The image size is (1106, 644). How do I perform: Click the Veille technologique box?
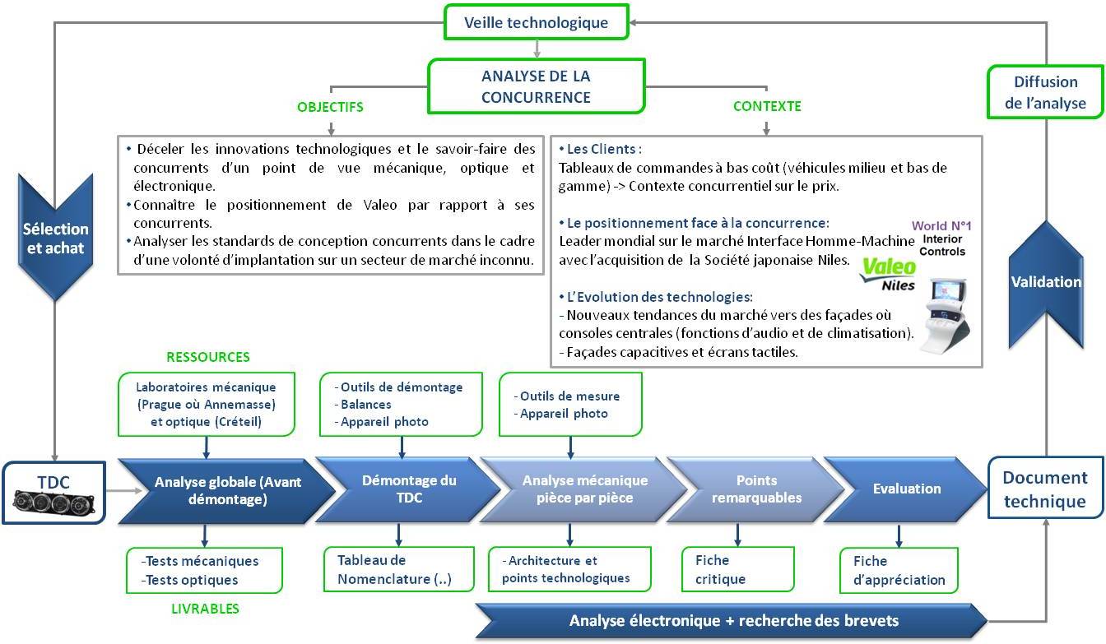[537, 22]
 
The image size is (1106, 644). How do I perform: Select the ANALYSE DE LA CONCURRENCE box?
[537, 86]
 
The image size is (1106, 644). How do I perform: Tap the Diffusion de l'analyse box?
[1045, 92]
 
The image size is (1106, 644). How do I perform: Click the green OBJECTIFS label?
[330, 107]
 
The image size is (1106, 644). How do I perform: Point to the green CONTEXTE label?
[767, 106]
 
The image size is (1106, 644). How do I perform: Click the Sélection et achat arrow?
[55, 237]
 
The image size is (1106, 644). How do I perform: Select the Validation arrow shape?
[1046, 284]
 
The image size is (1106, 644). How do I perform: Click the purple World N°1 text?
[941, 225]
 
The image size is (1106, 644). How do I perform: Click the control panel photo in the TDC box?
[53, 503]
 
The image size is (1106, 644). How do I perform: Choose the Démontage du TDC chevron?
[408, 489]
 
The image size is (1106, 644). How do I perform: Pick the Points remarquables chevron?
[756, 489]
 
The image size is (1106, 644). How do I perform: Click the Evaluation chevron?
[905, 489]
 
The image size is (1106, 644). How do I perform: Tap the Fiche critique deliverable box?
[737, 569]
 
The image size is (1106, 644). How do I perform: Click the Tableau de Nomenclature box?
[399, 569]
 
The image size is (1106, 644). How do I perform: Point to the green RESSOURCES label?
[208, 357]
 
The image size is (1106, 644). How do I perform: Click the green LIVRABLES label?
[205, 609]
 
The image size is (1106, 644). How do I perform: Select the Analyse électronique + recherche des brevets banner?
[732, 621]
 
